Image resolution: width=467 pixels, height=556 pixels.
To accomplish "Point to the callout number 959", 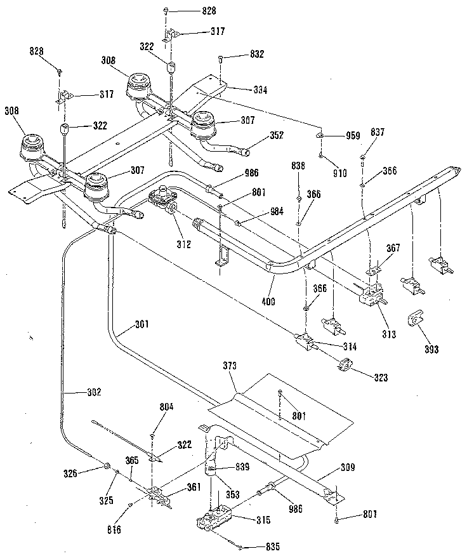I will [353, 135].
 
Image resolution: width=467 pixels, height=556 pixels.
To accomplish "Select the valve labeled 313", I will [370, 299].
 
